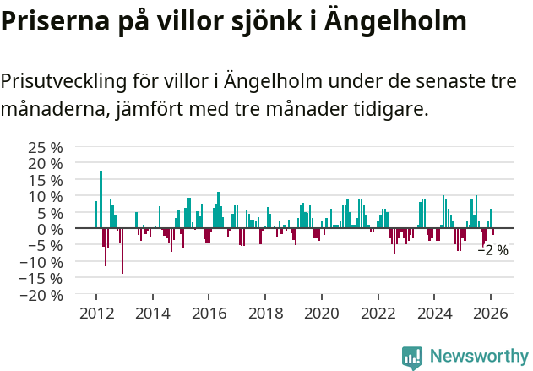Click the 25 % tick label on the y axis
point(46,147)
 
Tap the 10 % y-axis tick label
point(46,196)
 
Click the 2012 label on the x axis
point(96,313)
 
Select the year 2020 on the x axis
point(322,313)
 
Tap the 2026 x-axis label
point(491,313)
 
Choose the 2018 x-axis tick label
point(265,313)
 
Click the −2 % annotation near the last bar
point(493,250)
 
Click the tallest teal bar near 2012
point(101,199)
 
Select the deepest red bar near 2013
point(122,251)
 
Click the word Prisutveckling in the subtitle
point(63,81)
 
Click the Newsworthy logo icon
point(412,357)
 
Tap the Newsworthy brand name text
point(478,357)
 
